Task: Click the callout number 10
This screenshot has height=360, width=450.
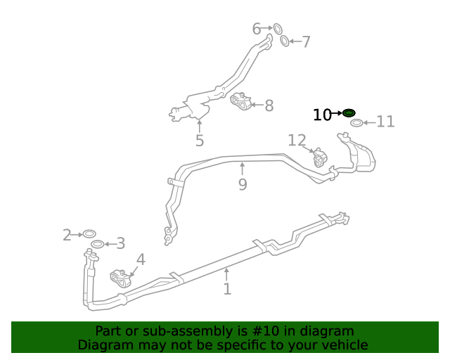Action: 322,115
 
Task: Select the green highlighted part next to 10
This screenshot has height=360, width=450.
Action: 349,113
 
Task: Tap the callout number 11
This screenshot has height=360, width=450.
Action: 385,122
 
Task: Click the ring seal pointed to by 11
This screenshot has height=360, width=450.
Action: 356,123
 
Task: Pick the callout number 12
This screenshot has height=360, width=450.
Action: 297,141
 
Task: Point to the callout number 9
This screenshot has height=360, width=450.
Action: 243,185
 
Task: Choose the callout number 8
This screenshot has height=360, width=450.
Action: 269,105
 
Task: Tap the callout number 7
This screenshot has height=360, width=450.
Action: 306,42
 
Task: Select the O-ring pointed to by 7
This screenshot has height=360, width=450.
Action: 285,41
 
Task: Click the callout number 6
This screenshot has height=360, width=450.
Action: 257,29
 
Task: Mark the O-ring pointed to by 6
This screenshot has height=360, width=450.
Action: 277,29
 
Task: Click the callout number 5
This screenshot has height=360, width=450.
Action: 200,141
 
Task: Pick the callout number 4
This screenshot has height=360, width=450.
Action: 141,259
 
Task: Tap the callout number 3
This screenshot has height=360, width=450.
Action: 120,244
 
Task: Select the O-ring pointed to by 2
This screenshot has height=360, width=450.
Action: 89,233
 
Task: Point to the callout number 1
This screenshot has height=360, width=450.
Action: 227,289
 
